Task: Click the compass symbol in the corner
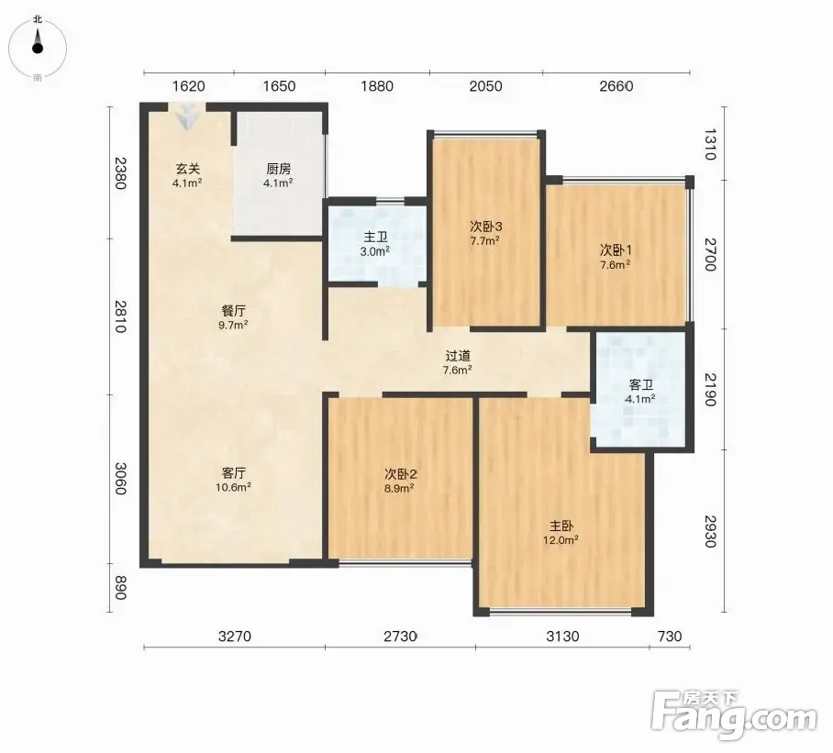coord(38,48)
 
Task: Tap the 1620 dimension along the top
coord(189,86)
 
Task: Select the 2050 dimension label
coord(485,86)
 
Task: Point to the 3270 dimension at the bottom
coord(234,636)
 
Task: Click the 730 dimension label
coord(670,636)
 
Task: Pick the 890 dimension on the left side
coord(120,588)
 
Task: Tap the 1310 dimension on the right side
coord(710,144)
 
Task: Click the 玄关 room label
coord(188,169)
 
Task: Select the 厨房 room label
coord(278,169)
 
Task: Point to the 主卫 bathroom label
coord(375,237)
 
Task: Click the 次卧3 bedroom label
coord(485,227)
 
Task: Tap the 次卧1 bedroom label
coord(616,249)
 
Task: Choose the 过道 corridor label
coord(458,356)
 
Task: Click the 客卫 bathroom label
coord(640,384)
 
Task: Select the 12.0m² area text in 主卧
coord(561,540)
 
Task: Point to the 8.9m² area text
coord(399,488)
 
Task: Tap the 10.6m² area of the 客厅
coord(233,487)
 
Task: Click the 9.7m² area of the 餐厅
coord(233,325)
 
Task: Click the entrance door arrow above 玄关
coord(187,118)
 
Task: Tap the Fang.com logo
coord(734,715)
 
